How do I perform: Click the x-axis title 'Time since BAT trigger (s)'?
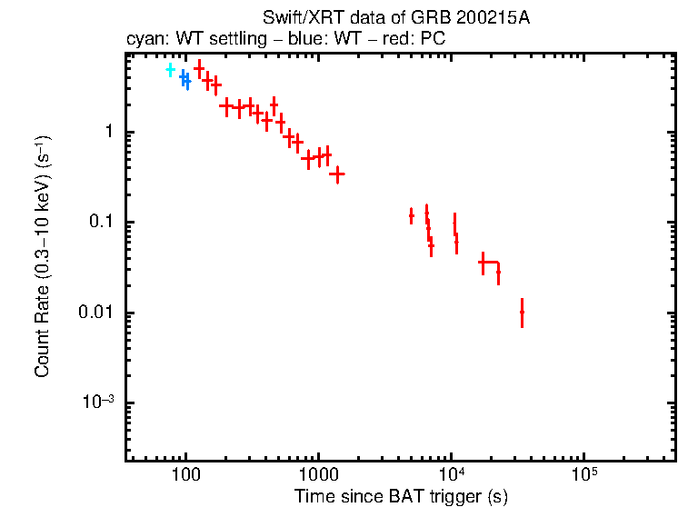pyautogui.click(x=400, y=496)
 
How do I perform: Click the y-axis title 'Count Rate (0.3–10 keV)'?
pyautogui.click(x=42, y=256)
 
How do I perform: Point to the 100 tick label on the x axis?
pyautogui.click(x=185, y=475)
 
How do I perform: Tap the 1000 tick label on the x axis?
pyautogui.click(x=318, y=475)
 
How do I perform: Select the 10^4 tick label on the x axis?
pyautogui.click(x=451, y=473)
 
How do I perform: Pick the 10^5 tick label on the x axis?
pyautogui.click(x=583, y=473)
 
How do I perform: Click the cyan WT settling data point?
pyautogui.click(x=170, y=70)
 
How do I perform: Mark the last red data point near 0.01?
pyautogui.click(x=522, y=313)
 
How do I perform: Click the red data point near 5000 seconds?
pyautogui.click(x=411, y=215)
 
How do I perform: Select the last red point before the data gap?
pyautogui.click(x=337, y=174)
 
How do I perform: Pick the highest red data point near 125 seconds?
pyautogui.click(x=199, y=68)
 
